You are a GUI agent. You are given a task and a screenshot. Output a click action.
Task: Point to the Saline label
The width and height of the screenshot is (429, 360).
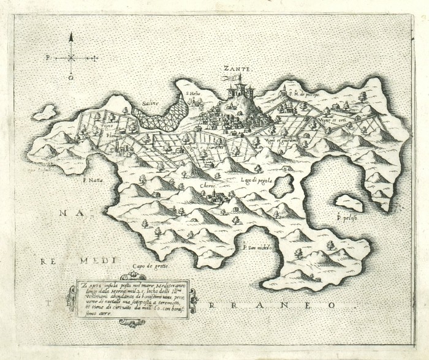coord(150,104)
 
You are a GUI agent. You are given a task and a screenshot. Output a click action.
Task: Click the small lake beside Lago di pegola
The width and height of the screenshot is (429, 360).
coord(283,185)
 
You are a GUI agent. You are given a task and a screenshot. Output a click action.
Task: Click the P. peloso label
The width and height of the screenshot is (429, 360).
coord(347,216)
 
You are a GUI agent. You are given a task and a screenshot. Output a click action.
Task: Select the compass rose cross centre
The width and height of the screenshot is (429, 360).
coord(71,58)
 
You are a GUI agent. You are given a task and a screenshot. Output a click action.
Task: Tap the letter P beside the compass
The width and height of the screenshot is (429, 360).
coord(47,59)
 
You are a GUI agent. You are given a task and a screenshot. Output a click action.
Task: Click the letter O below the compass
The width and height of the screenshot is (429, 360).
coord(71,78)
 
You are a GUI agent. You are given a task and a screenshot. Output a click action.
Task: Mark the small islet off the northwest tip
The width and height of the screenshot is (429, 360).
coord(44,113)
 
